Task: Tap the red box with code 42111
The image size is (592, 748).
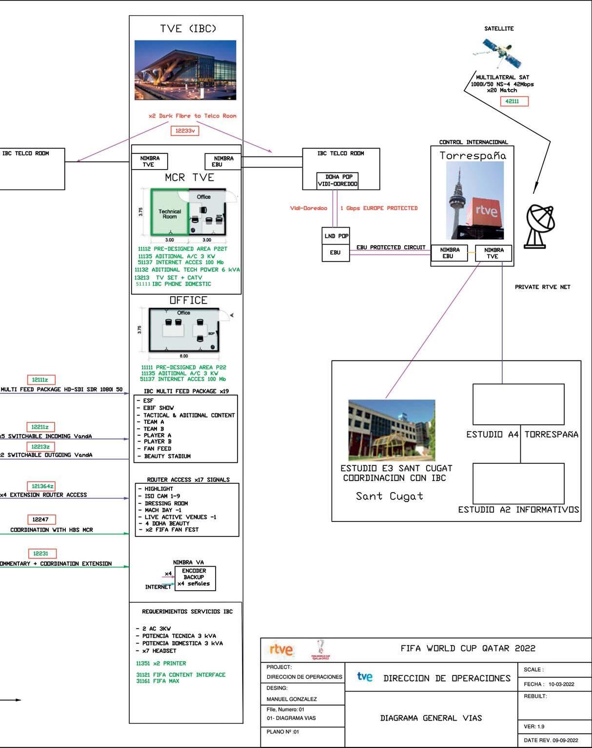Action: pyautogui.click(x=514, y=101)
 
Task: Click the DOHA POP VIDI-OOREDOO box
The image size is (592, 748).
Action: pyautogui.click(x=337, y=180)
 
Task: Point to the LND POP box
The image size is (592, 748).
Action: pyautogui.click(x=336, y=236)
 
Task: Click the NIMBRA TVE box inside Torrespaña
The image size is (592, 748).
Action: pyautogui.click(x=493, y=253)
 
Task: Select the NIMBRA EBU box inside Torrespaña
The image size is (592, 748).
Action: pyautogui.click(x=450, y=253)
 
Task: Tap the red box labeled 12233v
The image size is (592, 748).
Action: pyautogui.click(x=185, y=131)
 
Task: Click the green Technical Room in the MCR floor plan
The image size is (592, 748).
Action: pyautogui.click(x=169, y=213)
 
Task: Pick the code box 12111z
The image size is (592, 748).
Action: pyautogui.click(x=40, y=380)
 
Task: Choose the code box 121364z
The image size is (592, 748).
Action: pyautogui.click(x=43, y=486)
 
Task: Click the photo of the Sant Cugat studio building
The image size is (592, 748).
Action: pyautogui.click(x=392, y=430)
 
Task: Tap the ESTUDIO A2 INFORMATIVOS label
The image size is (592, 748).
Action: pyautogui.click(x=518, y=510)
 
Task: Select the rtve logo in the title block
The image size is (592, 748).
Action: pyautogui.click(x=281, y=650)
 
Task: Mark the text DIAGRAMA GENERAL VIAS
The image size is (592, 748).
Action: pyautogui.click(x=431, y=718)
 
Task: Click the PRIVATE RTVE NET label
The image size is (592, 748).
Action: pyautogui.click(x=542, y=287)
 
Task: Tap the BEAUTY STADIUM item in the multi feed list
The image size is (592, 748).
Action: pyautogui.click(x=167, y=456)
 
